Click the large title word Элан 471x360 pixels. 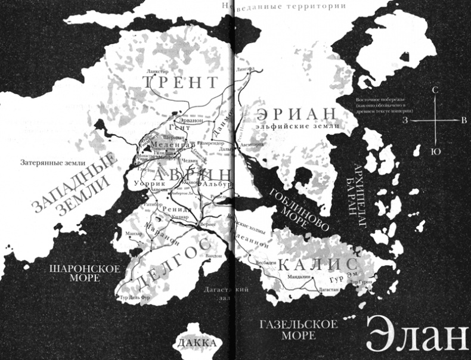pyautogui.click(x=416, y=336)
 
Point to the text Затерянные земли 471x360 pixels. pyautogui.click(x=53, y=162)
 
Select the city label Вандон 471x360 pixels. pyautogui.click(x=213, y=255)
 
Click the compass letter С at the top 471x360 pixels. pyautogui.click(x=436, y=89)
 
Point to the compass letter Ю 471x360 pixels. pyautogui.click(x=436, y=151)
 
